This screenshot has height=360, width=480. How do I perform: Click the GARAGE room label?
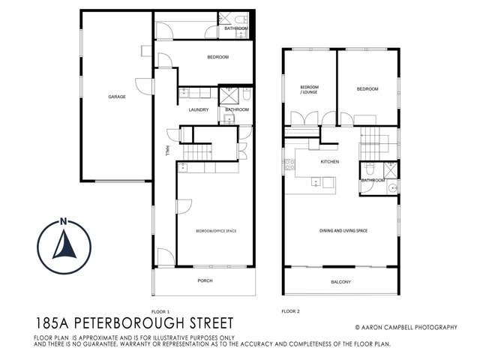116,97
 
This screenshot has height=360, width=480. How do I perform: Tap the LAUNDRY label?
199,109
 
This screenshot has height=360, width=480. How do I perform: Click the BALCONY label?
341,282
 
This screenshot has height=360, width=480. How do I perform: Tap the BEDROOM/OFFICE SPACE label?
215,231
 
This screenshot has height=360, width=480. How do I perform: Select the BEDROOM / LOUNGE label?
310,91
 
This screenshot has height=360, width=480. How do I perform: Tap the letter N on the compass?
64,221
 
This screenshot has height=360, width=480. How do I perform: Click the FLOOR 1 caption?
161,310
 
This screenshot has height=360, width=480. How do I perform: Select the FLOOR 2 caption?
290,310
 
